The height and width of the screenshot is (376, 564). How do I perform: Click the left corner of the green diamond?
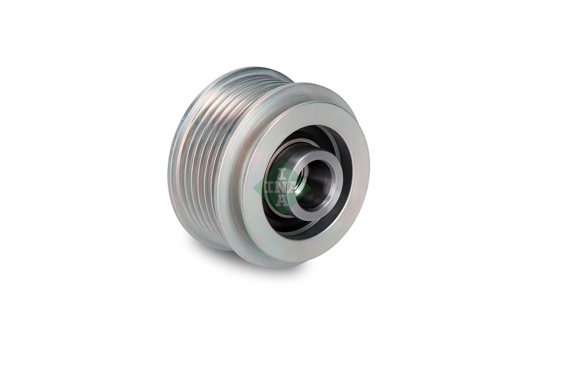(254, 187)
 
